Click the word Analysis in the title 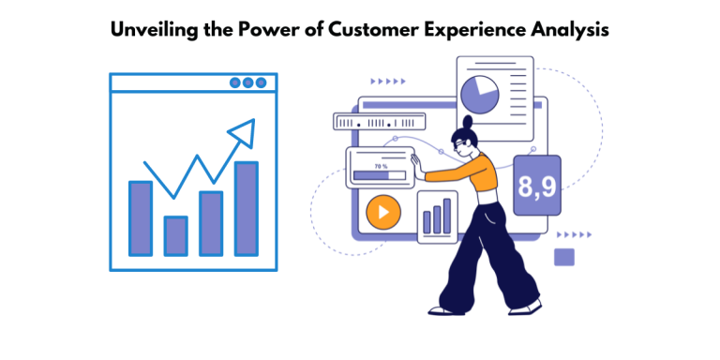573,29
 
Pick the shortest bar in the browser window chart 175,235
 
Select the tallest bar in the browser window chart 246,208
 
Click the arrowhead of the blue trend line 245,132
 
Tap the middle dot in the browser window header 247,82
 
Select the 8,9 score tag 536,185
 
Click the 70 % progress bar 379,174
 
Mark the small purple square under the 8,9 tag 564,256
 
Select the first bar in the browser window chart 140,218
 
